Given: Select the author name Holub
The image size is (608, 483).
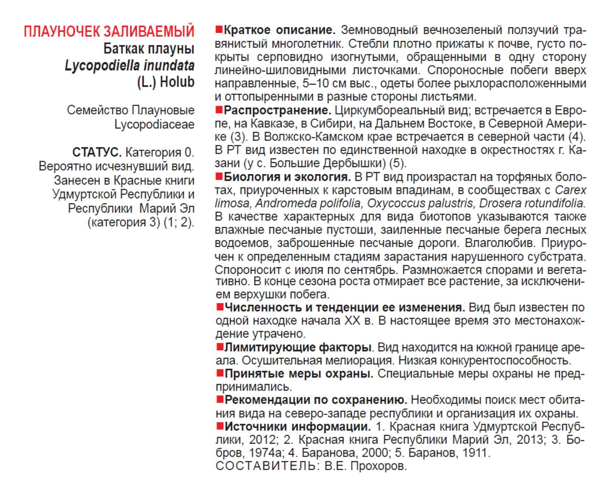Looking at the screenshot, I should click(x=177, y=82).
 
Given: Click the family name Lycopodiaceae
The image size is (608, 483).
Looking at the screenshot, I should click(x=154, y=124).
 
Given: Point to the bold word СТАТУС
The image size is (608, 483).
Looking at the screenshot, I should click(x=97, y=152).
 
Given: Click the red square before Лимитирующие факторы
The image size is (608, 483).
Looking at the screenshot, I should click(x=220, y=347).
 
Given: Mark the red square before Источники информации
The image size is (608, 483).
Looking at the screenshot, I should click(x=220, y=426).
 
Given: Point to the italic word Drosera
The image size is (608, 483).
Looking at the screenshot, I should click(x=500, y=203).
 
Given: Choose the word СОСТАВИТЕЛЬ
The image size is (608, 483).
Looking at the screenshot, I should click(x=266, y=466).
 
